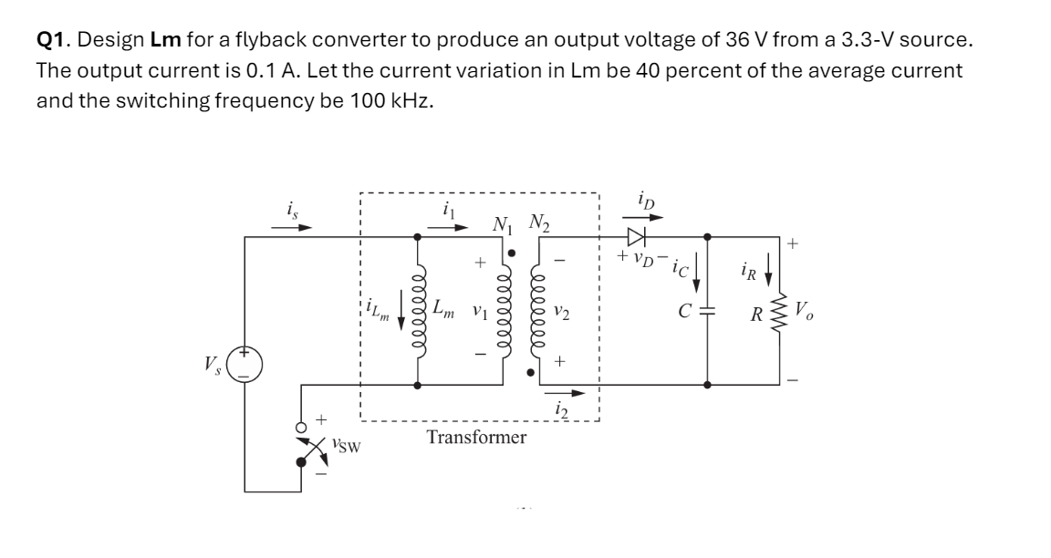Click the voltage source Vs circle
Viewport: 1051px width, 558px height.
245,366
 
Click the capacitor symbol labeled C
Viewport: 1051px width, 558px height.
710,310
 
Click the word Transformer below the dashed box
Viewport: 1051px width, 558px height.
476,438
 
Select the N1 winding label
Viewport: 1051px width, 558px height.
502,223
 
